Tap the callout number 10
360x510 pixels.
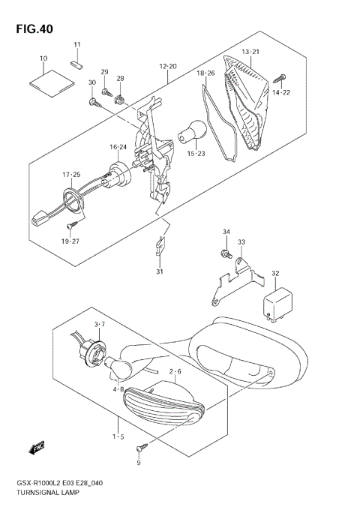(43, 58)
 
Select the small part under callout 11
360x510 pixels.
(75, 64)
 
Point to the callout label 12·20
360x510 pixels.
(168, 67)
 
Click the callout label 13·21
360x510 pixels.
(250, 51)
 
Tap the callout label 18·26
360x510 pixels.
(205, 73)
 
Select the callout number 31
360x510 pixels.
(159, 271)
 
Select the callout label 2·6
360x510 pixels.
(175, 370)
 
